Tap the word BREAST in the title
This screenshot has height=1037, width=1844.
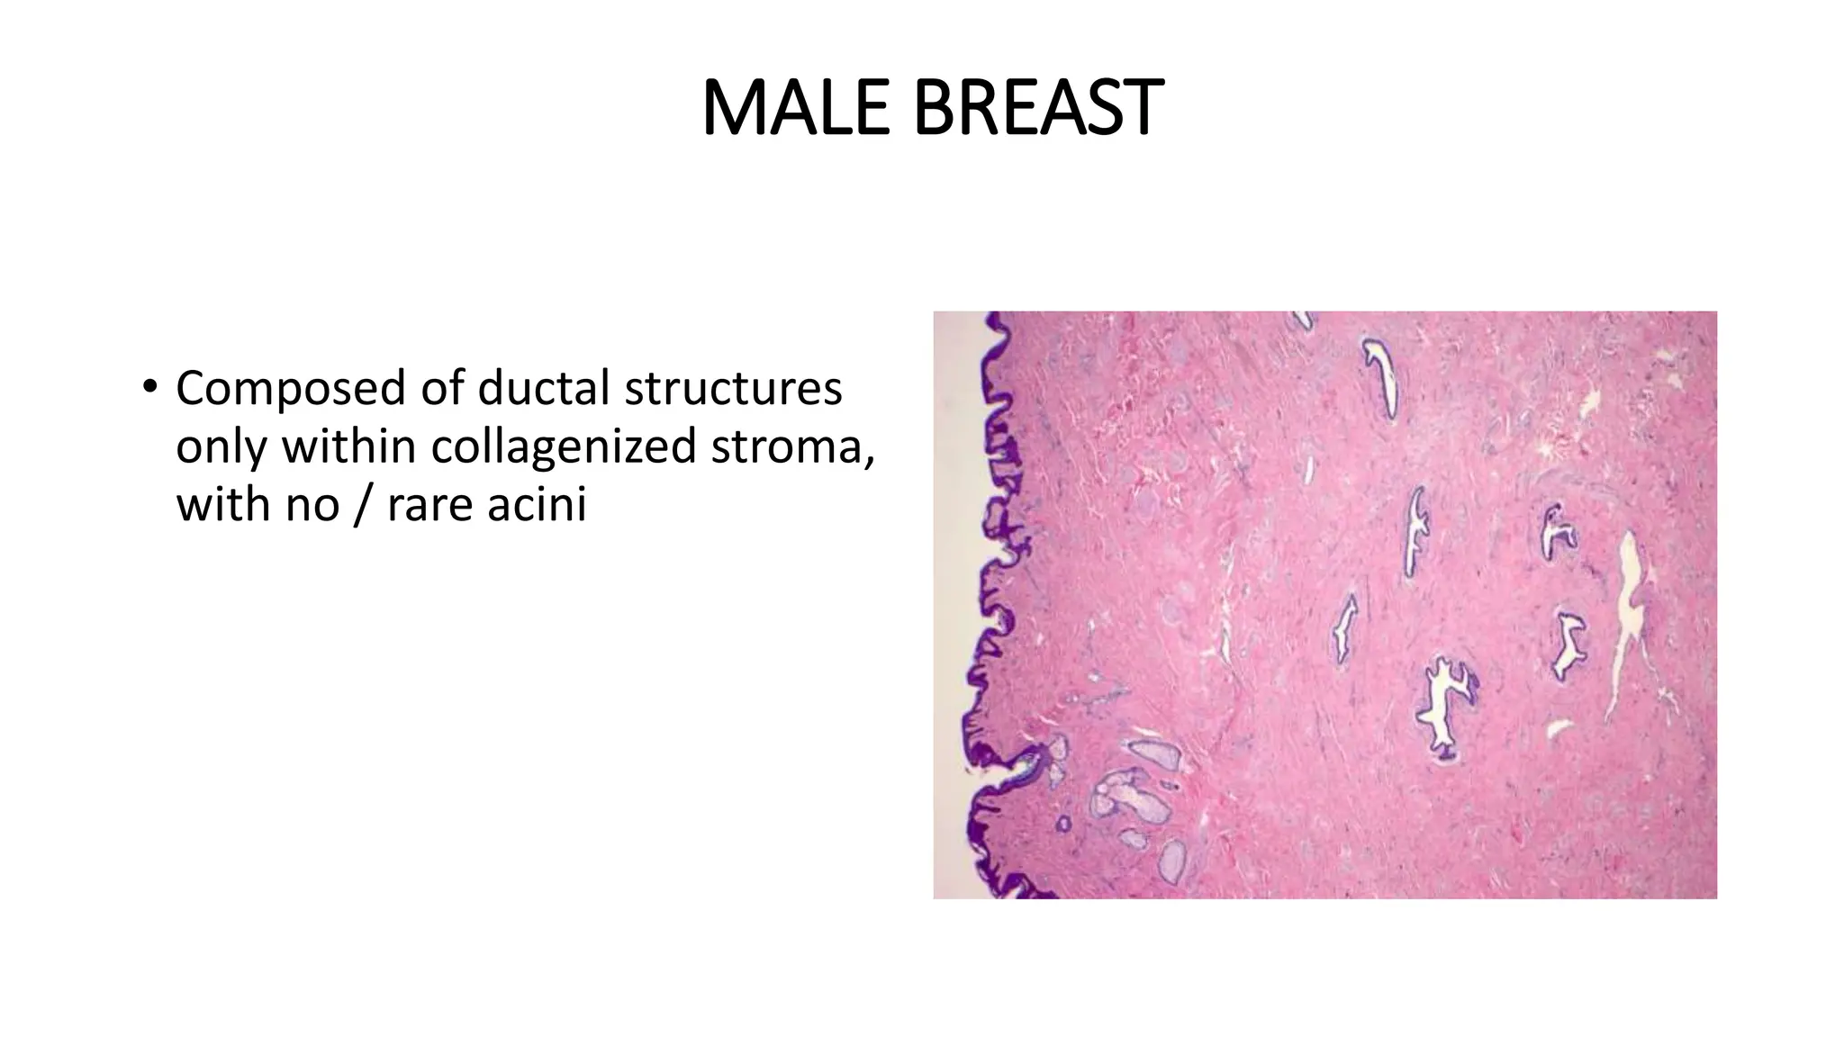click(1037, 108)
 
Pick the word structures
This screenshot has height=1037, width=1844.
click(733, 389)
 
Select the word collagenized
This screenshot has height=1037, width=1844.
click(563, 446)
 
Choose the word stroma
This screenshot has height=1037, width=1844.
click(791, 446)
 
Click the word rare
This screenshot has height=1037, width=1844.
click(429, 504)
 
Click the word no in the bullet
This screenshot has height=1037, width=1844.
click(312, 504)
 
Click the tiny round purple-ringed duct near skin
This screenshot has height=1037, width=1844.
click(1063, 824)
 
